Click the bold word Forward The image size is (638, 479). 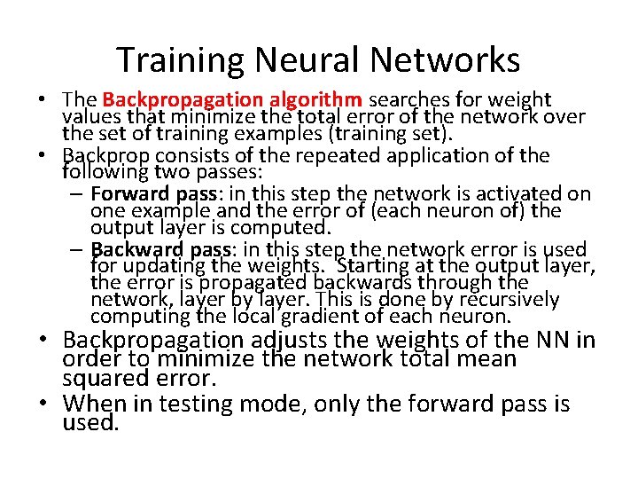(x=126, y=193)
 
